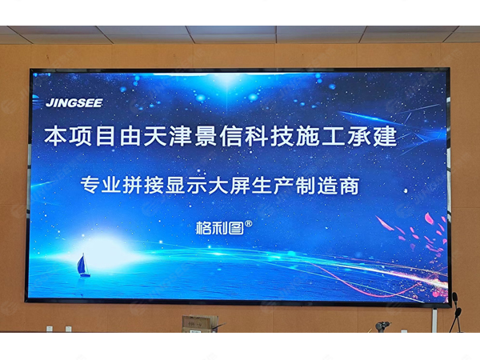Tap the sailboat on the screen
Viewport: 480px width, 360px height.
[82, 264]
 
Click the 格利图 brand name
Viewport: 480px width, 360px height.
[218, 227]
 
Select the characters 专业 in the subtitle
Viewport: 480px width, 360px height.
[99, 186]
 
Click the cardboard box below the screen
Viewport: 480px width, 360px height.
[200, 323]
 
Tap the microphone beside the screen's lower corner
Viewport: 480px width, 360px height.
[455, 300]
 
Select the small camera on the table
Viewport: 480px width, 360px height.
[382, 326]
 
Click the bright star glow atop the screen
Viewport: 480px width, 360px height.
[229, 78]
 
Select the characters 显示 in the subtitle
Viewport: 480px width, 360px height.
[194, 186]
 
